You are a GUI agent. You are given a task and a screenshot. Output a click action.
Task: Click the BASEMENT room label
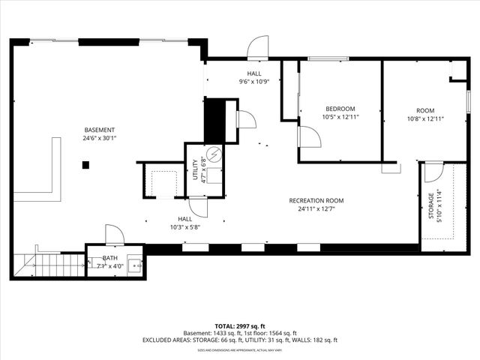click(100, 129)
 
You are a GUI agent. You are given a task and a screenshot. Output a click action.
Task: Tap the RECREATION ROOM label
click(316, 200)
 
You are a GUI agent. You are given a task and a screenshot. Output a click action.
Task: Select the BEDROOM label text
click(340, 109)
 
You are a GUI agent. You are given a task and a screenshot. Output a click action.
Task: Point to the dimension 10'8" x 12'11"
click(426, 118)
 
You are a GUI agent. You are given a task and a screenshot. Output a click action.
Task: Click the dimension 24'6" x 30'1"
click(100, 137)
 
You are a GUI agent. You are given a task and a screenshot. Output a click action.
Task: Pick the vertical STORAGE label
click(430, 206)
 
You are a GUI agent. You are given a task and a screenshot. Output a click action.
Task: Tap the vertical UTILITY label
click(194, 170)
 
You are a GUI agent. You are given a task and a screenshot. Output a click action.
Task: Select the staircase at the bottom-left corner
click(49, 265)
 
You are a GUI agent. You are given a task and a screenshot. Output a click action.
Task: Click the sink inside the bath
click(136, 264)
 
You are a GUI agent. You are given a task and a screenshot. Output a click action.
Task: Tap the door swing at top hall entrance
click(257, 46)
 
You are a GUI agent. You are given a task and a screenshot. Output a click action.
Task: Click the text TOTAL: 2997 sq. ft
click(240, 326)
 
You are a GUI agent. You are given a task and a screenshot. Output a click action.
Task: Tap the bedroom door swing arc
click(309, 136)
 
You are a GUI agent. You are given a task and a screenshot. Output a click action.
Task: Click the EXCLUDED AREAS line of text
click(240, 340)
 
